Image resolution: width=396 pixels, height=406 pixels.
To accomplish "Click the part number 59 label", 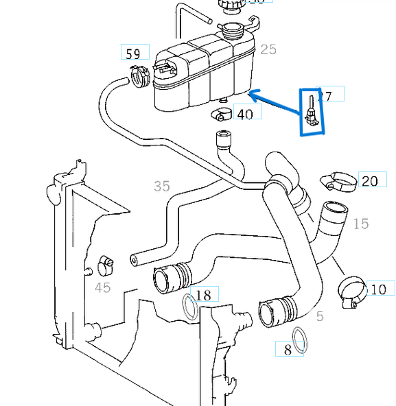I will click(134, 52).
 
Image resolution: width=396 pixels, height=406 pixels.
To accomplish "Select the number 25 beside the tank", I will click(268, 49).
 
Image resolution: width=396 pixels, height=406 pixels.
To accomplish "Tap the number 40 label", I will click(245, 113).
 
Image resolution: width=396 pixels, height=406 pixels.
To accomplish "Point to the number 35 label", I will click(161, 185).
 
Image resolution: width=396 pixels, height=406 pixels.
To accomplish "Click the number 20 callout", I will click(369, 181).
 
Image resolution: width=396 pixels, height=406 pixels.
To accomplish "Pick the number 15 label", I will click(360, 224).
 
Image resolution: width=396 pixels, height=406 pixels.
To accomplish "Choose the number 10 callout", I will click(379, 290).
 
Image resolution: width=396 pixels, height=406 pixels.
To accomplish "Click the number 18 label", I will click(203, 296).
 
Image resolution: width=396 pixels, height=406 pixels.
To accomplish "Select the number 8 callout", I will click(288, 349).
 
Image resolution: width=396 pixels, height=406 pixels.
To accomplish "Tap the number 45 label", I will click(102, 287).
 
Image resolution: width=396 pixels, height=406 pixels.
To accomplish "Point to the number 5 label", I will click(319, 316).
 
